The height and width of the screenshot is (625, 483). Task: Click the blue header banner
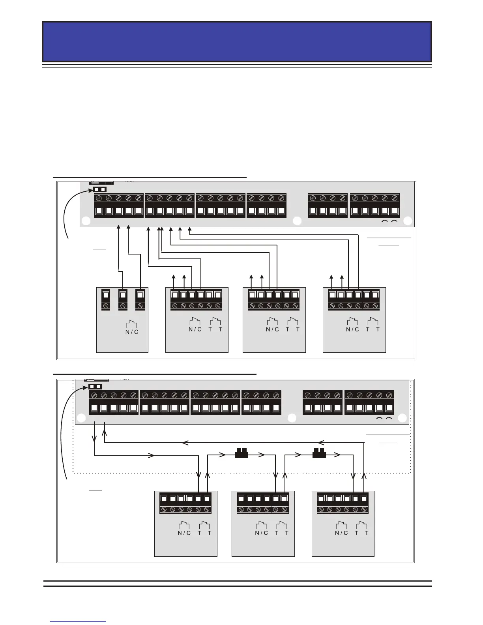point(237,41)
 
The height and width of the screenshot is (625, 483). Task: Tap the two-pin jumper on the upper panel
point(100,189)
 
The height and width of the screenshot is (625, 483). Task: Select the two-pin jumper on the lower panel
point(95,386)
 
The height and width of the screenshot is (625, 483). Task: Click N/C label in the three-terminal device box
point(132,331)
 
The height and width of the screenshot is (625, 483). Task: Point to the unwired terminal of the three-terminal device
point(106,294)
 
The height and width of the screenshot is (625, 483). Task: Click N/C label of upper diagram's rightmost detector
point(352,329)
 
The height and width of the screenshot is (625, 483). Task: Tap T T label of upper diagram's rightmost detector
point(373,329)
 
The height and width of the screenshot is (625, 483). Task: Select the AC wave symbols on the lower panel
point(384,418)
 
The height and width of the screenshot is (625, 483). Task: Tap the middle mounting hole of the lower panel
point(292,418)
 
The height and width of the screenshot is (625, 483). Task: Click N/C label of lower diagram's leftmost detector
point(184,533)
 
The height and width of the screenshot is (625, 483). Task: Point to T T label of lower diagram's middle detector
point(282,533)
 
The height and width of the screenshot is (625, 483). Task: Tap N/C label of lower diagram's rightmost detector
point(341,533)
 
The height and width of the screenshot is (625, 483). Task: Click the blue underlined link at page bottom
point(79,621)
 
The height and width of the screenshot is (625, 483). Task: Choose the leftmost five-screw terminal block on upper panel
point(118,206)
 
